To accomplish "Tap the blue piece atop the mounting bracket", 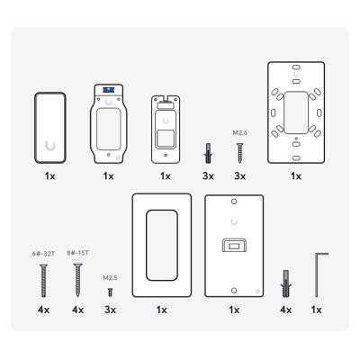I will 109,91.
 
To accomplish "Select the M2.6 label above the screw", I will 238,132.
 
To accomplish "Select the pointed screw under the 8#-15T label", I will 77,278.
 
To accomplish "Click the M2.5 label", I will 110,278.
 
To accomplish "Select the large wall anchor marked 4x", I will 287,282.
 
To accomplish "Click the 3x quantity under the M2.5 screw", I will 110,310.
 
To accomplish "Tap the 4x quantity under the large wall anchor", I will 287,310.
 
